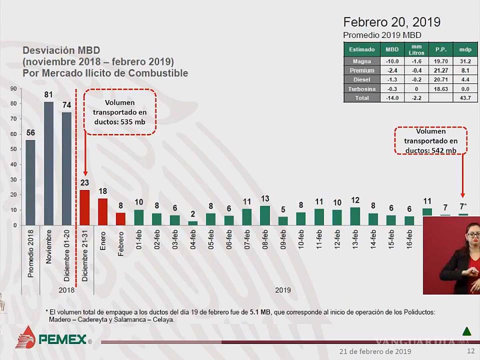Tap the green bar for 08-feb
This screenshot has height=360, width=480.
pyautogui.click(x=265, y=215)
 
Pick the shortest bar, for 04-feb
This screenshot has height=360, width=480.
pyautogui.click(x=193, y=223)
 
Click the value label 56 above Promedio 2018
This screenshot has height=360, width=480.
pyautogui.click(x=30, y=133)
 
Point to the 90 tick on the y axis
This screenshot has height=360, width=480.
pyautogui.click(x=14, y=88)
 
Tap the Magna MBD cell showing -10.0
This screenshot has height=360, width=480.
pyautogui.click(x=392, y=61)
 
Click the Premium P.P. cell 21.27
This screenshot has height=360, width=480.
pyautogui.click(x=441, y=70)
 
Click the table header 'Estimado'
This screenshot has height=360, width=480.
pyautogui.click(x=362, y=49)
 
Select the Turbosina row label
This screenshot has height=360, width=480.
pyautogui.click(x=362, y=89)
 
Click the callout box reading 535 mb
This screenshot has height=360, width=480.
pyautogui.click(x=120, y=112)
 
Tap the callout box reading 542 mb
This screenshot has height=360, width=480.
pyautogui.click(x=431, y=141)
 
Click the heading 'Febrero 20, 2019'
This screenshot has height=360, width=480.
pyautogui.click(x=392, y=22)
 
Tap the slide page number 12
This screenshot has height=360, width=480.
pyautogui.click(x=470, y=351)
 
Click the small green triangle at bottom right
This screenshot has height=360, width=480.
pyautogui.click(x=466, y=331)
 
